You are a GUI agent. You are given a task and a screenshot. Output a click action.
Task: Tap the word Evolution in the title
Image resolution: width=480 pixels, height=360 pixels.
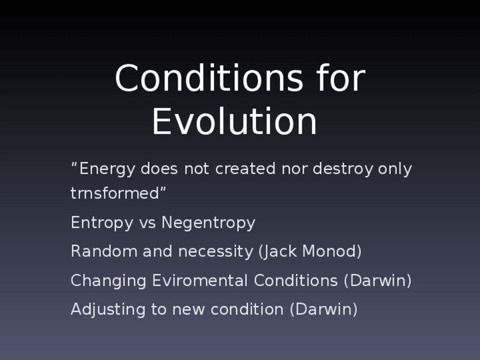[234, 121]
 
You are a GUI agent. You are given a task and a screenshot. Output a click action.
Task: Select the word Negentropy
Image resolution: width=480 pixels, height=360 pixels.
[208, 223]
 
